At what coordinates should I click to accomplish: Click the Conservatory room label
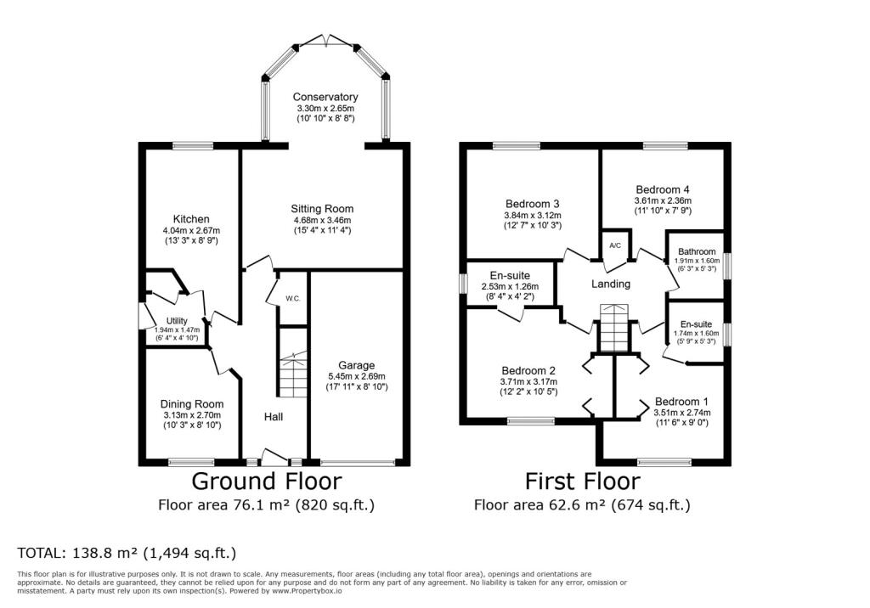325,97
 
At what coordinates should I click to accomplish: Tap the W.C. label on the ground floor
293,298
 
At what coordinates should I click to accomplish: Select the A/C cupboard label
615,245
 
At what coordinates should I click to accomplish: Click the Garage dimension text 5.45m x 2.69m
356,376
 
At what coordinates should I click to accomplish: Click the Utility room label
177,321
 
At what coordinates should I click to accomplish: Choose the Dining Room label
192,404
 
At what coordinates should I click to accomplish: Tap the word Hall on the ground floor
274,417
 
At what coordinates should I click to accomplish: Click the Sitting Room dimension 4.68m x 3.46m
322,220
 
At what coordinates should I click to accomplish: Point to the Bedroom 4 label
663,189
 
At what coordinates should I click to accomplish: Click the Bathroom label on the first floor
697,252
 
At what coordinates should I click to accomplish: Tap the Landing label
611,284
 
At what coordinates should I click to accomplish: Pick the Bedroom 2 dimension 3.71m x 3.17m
528,381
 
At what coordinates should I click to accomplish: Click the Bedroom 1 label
681,402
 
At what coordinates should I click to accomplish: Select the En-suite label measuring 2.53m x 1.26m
510,276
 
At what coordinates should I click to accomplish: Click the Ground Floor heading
266,481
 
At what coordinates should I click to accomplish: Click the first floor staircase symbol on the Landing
613,328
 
